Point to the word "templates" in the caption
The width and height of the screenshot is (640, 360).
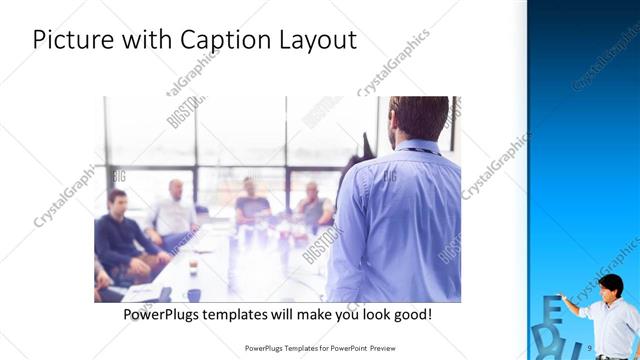click(x=253, y=314)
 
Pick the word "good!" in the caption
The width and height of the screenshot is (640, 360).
click(x=412, y=314)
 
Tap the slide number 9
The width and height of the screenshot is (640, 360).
click(x=591, y=347)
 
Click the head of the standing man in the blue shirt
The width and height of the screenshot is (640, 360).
click(x=418, y=117)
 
